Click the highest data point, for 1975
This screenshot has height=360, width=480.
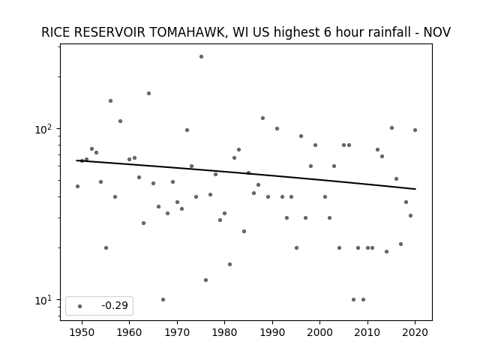pyautogui.click(x=201, y=57)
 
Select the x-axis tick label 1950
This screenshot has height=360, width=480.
pyautogui.click(x=82, y=332)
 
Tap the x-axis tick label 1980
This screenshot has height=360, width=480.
pyautogui.click(x=224, y=332)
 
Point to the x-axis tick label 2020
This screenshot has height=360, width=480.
pyautogui.click(x=415, y=332)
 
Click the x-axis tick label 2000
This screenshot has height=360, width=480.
pyautogui.click(x=319, y=332)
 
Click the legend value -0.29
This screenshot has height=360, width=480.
pyautogui.click(x=115, y=305)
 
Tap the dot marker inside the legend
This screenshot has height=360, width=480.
pyautogui.click(x=79, y=306)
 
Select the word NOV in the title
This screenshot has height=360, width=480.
pyautogui.click(x=436, y=32)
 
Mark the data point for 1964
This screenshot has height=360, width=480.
pyautogui.click(x=148, y=93)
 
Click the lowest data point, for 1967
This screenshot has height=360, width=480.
pyautogui.click(x=163, y=300)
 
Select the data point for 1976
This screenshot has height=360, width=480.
pyautogui.click(x=205, y=280)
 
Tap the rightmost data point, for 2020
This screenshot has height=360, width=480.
pyautogui.click(x=415, y=130)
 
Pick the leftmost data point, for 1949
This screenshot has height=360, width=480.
pyautogui.click(x=77, y=187)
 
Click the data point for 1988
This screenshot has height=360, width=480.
pyautogui.click(x=262, y=118)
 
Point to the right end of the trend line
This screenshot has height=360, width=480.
pyautogui.click(x=415, y=189)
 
